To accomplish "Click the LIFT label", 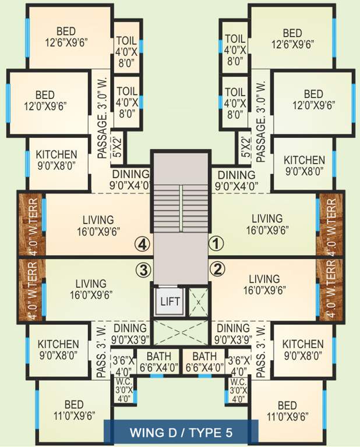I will [x=170, y=302].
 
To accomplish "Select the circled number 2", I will [x=216, y=269].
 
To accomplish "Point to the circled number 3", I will [x=143, y=269].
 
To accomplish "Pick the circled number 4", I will [x=143, y=242].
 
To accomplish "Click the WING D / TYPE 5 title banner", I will [x=180, y=432].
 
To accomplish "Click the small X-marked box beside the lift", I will [x=198, y=302].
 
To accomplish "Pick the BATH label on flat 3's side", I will [x=157, y=361].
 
